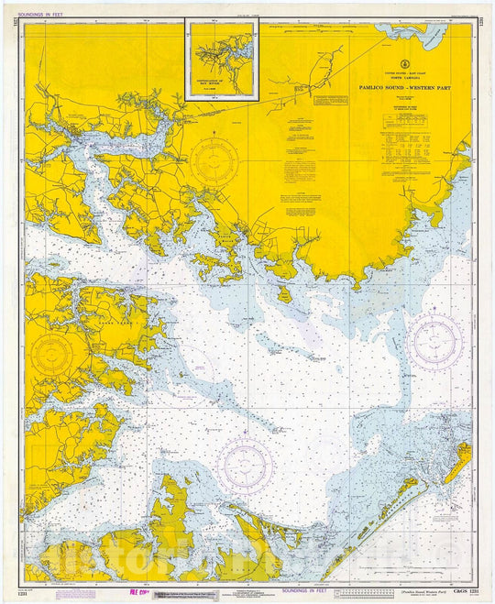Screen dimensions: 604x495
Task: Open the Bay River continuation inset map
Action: (221, 58)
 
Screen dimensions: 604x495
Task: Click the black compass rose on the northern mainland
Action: (214, 160)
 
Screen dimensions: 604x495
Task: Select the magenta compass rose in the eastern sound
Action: (436, 343)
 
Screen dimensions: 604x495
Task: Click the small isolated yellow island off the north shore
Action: (284, 293)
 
